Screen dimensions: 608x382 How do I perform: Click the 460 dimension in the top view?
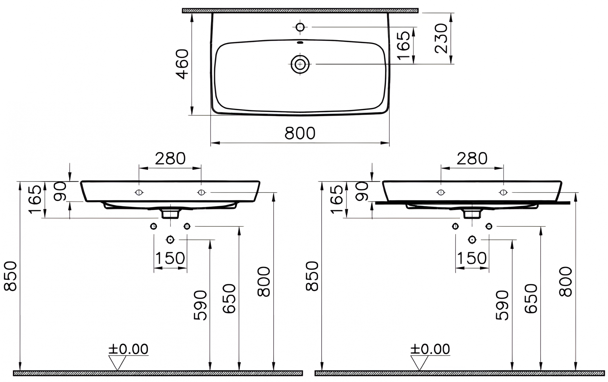183,64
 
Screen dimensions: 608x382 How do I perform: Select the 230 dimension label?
441,39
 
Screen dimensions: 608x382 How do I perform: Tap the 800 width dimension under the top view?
300,133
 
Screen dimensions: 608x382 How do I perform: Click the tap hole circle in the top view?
300,27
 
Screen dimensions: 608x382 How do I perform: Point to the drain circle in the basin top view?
300,64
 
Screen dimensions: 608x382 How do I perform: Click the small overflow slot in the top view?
300,43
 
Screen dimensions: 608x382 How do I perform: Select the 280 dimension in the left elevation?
170,158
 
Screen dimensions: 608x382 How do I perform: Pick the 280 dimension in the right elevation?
472,158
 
